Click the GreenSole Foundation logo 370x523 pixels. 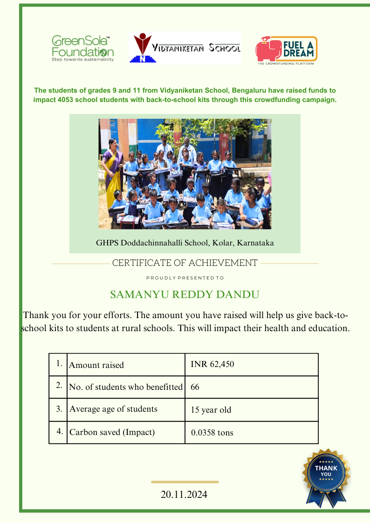click(82, 48)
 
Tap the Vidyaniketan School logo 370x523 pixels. click(185, 48)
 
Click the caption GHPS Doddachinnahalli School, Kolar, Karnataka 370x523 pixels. click(185, 243)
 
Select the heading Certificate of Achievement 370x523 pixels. click(185, 263)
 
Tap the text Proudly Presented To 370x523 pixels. click(185, 278)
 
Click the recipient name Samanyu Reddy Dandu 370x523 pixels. click(185, 295)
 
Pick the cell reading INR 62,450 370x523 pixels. click(212, 364)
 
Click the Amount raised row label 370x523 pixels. click(96, 365)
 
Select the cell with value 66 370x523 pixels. click(195, 387)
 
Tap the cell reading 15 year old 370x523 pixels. click(211, 410)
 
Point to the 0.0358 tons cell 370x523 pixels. click(212, 433)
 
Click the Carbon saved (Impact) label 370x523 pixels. click(112, 432)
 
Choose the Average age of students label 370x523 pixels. click(113, 409)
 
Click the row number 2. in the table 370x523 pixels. click(59, 386)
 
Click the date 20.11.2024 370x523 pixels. click(184, 495)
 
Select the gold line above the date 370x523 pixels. click(185, 482)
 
